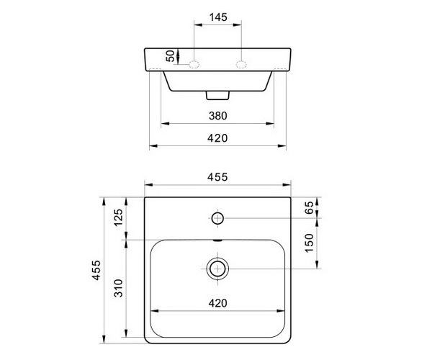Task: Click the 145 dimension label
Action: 218,17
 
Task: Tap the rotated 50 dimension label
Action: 170,56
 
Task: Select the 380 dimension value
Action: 218,116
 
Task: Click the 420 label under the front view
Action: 217,138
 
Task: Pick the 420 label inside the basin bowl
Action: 218,303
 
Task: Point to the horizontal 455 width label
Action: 217,177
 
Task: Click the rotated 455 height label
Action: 96,270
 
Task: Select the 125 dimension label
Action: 119,217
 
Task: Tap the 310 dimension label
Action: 119,288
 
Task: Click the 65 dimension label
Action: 310,207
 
